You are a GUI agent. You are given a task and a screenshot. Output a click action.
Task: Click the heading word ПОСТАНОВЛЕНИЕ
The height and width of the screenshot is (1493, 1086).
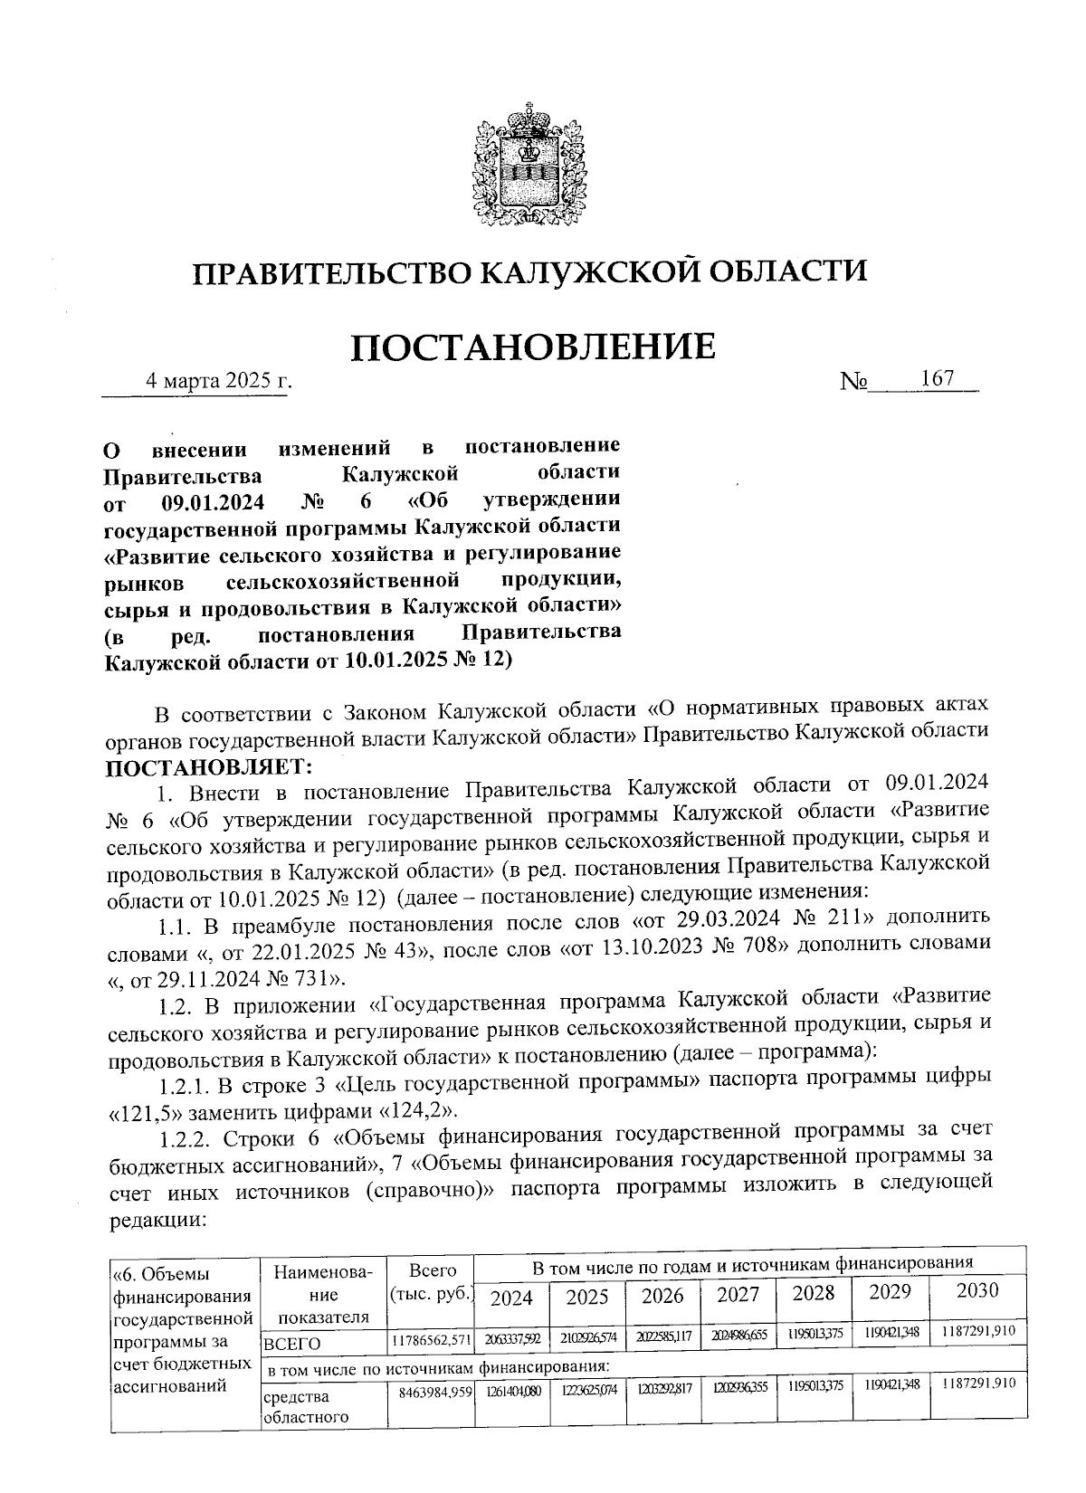coord(533,347)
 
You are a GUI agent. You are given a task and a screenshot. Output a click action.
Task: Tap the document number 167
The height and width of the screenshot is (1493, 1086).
coord(938,379)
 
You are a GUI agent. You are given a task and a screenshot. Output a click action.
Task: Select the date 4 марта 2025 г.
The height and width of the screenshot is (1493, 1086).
coord(220,381)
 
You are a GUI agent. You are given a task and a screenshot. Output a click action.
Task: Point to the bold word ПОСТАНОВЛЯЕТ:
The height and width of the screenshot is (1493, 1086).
coord(208,768)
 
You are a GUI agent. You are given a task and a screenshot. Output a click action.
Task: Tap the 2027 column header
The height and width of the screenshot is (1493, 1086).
coord(738,1295)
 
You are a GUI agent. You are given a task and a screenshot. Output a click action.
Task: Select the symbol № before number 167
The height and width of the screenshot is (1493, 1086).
coord(854,383)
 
